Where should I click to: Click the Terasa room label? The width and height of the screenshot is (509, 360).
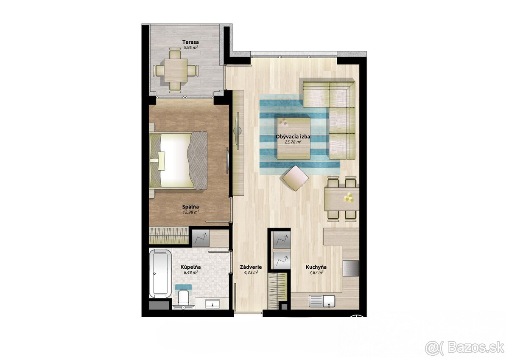click(191, 42)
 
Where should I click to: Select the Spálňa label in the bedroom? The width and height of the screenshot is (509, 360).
click(190, 206)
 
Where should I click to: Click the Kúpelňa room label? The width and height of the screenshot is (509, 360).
click(190, 267)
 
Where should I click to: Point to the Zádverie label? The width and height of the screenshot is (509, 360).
click(250, 267)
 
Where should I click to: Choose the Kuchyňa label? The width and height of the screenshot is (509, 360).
click(316, 267)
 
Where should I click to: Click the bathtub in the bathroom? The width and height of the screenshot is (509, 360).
click(160, 273)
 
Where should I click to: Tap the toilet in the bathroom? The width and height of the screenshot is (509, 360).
click(184, 296)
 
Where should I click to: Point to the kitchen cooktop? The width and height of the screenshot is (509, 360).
click(351, 268)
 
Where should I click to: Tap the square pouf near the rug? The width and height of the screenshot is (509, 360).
click(296, 178)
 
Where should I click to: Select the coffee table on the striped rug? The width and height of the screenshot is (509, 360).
click(294, 138)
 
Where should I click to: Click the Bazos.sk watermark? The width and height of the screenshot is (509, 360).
click(464, 347)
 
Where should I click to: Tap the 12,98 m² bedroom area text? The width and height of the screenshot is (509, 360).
click(190, 212)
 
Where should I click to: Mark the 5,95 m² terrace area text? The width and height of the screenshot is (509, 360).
click(191, 48)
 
